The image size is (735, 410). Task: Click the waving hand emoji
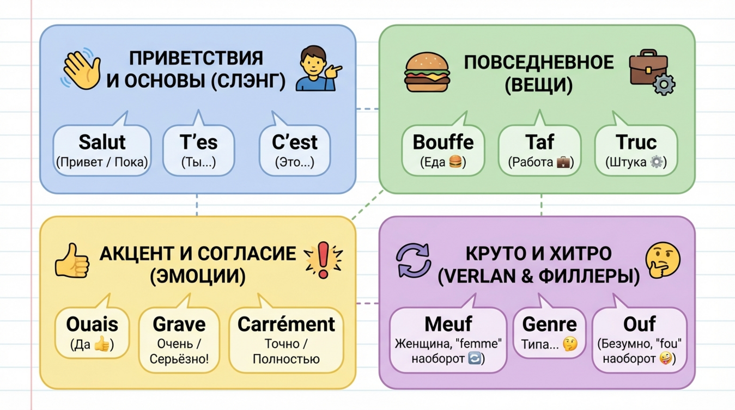(x=82, y=69)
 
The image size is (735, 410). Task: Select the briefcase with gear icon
(x=651, y=72)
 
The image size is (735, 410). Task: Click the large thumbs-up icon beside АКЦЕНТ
(x=72, y=261)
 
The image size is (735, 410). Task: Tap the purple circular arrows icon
(x=413, y=260)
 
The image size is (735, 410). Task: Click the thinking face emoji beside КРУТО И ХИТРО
(x=662, y=260)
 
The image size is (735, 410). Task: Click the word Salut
(x=102, y=142)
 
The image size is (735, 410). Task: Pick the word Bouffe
(x=443, y=142)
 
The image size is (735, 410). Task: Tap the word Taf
(x=539, y=142)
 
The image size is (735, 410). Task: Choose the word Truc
(x=636, y=142)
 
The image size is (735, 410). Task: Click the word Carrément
(x=286, y=324)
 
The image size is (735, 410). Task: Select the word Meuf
(x=448, y=324)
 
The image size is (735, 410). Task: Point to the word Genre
(x=549, y=324)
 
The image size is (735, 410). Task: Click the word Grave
(x=179, y=324)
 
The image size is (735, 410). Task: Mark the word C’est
(x=295, y=142)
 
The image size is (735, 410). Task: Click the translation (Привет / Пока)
(x=102, y=162)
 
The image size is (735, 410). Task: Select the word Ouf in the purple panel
(x=639, y=324)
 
